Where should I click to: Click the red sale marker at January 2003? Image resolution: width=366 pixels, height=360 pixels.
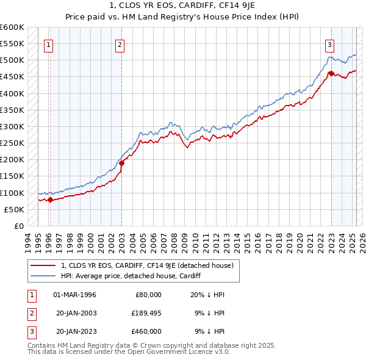[x=121, y=163]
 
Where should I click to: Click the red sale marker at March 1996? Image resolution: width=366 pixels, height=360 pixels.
[x=50, y=200]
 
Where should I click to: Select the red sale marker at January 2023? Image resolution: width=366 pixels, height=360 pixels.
[x=331, y=73]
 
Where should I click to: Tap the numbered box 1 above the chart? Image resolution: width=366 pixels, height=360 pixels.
[x=48, y=44]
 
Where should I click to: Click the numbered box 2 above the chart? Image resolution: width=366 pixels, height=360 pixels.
[x=120, y=44]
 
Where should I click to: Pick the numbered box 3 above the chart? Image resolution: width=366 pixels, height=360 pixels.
[x=329, y=44]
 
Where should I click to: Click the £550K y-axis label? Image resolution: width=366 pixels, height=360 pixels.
[x=13, y=44]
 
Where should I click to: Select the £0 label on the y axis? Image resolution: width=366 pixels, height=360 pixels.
[x=20, y=226]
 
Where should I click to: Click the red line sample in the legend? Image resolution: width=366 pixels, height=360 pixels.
[x=43, y=265]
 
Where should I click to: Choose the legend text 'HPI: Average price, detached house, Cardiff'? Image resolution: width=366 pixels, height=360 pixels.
[x=131, y=276]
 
